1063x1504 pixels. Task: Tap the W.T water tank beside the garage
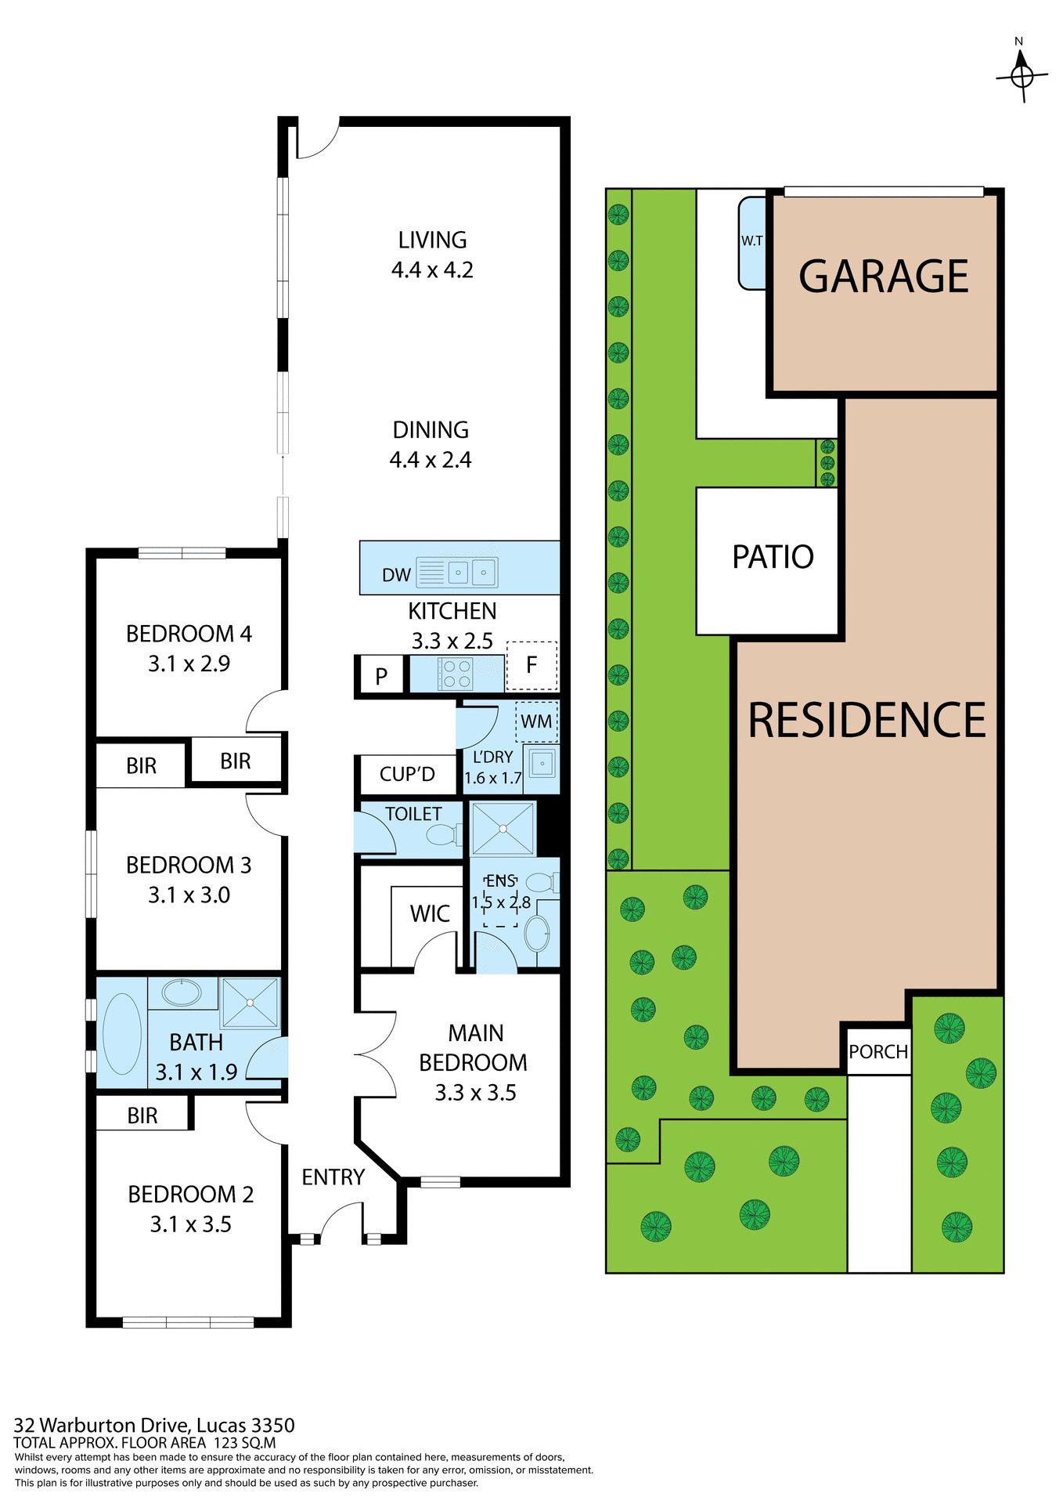click(x=752, y=241)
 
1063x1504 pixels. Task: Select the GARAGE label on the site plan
click(x=884, y=277)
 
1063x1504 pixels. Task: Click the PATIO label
click(x=773, y=557)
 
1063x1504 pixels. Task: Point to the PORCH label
click(x=878, y=1052)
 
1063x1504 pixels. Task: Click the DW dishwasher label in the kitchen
click(x=396, y=575)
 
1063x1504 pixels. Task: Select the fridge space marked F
click(x=531, y=665)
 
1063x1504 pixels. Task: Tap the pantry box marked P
click(x=381, y=676)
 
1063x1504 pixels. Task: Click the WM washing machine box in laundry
click(x=536, y=721)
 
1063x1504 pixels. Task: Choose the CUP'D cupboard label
click(x=407, y=775)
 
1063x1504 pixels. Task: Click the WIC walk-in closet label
click(x=430, y=913)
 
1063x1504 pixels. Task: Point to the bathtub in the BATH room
click(x=122, y=1033)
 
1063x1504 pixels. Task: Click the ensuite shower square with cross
click(x=503, y=828)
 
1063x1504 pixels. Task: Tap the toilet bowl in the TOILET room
click(x=442, y=835)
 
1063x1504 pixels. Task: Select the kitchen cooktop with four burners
click(x=455, y=674)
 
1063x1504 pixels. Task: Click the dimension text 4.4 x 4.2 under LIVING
click(x=432, y=270)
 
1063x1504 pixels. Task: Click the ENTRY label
click(x=333, y=1177)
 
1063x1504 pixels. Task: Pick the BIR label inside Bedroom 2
click(x=142, y=1115)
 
